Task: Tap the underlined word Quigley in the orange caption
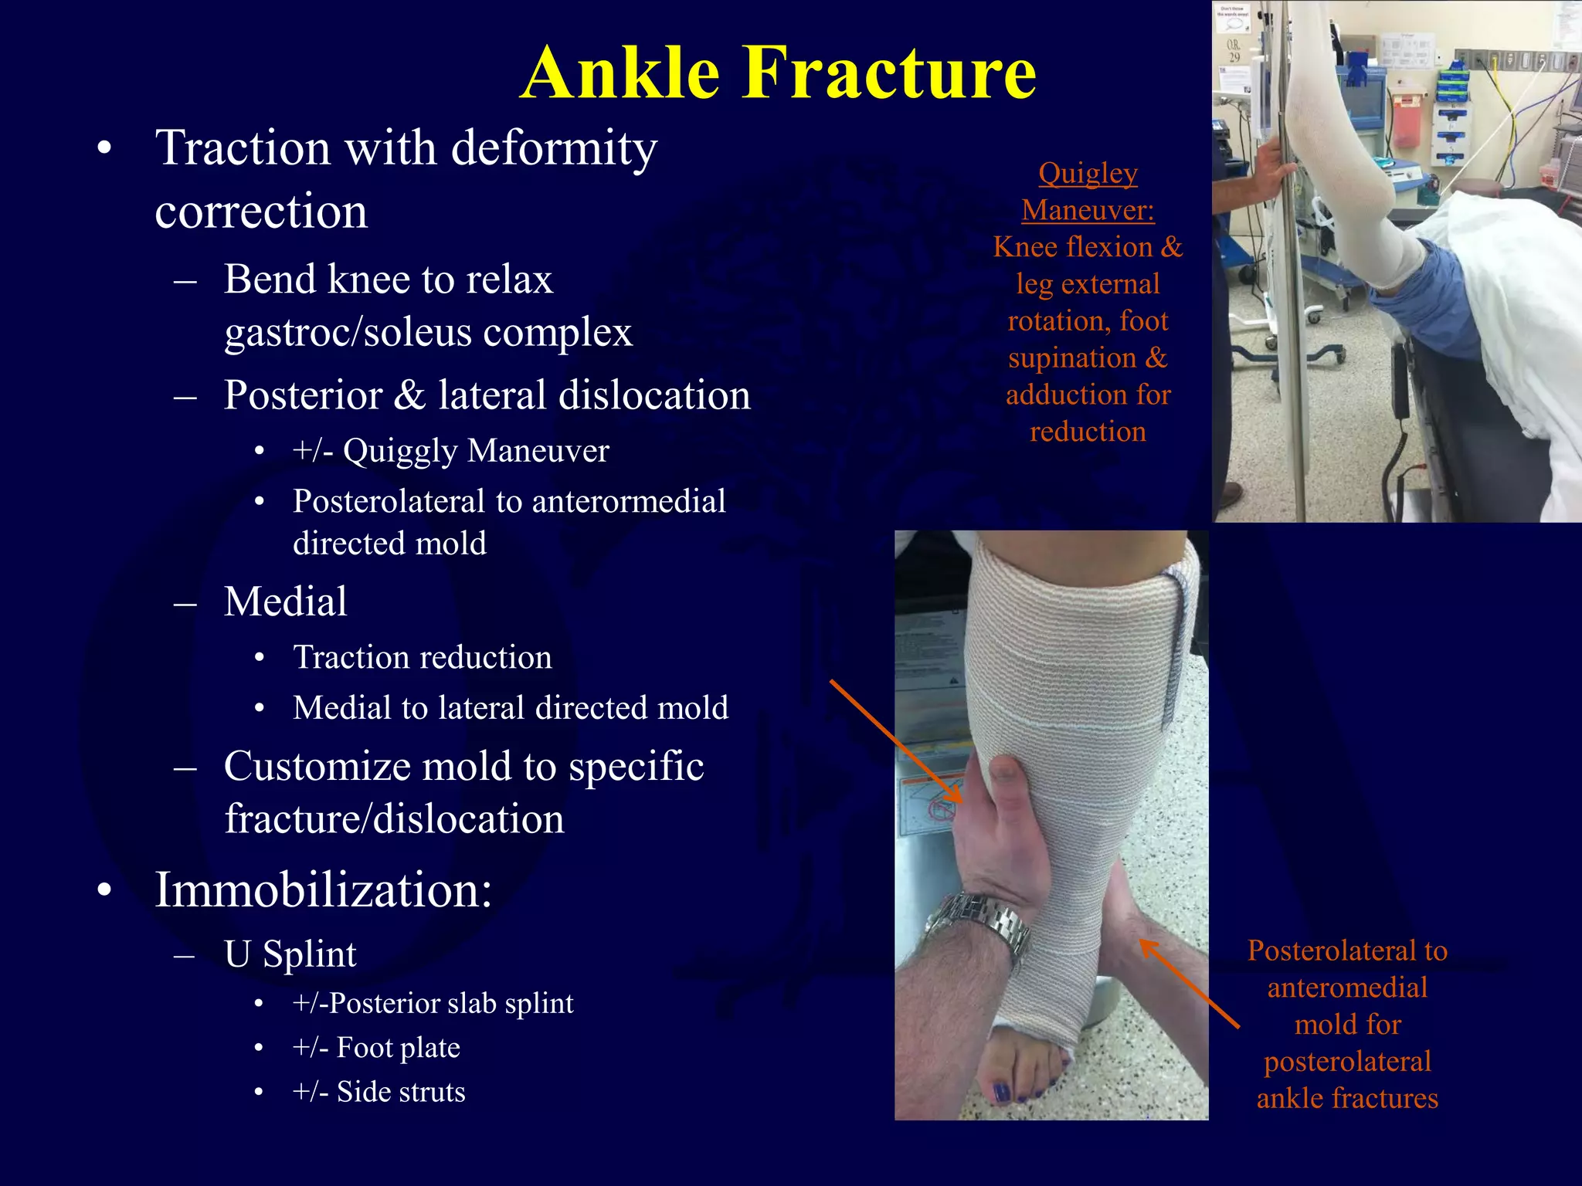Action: click(x=1088, y=174)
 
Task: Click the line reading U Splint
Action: click(x=290, y=954)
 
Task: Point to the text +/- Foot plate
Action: click(x=376, y=1048)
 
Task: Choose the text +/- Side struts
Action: click(x=379, y=1092)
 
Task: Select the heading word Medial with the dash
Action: click(x=285, y=601)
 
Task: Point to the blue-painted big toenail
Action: click(x=1001, y=1093)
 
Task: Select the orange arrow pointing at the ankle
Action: click(x=1190, y=984)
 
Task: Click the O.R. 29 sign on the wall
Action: click(x=1234, y=51)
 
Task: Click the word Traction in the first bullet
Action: click(x=243, y=147)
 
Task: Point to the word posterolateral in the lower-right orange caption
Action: click(x=1347, y=1062)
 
